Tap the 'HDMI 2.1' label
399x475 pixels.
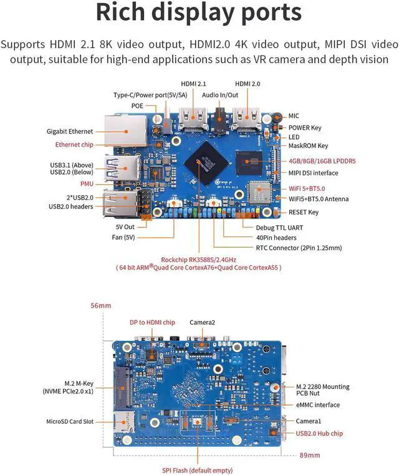click(x=195, y=84)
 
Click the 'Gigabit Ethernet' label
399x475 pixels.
click(x=70, y=132)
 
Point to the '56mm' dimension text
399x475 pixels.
click(x=100, y=306)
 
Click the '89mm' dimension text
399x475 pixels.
click(x=310, y=454)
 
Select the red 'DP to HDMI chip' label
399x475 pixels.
click(x=152, y=323)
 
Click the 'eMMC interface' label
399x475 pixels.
click(x=319, y=405)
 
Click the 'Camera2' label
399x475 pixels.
click(x=203, y=323)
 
